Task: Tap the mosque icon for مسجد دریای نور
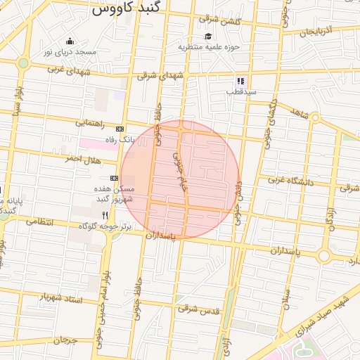point(69,41)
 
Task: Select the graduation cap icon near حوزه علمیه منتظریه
point(208,37)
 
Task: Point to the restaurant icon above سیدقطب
point(240,81)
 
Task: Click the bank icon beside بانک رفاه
point(120,129)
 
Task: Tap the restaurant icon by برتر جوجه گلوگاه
point(105,214)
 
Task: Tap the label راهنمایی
point(94,122)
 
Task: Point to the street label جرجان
point(69,340)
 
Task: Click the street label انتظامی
point(39,221)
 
